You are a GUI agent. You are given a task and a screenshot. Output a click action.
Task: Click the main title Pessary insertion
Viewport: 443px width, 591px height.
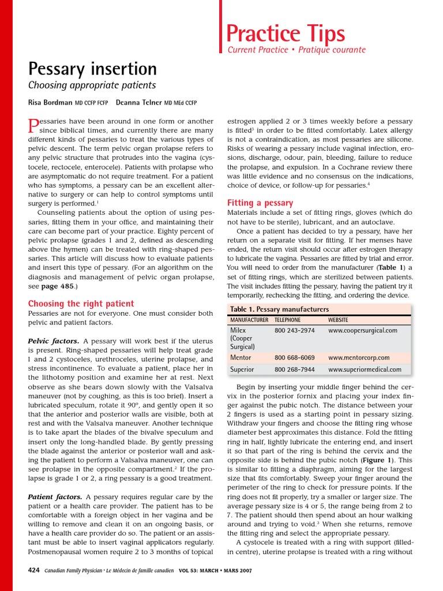[x=92, y=69]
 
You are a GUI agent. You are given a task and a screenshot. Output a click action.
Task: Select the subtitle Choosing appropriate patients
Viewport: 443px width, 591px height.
[x=92, y=85]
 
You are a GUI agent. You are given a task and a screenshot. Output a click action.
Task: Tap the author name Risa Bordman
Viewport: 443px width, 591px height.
[x=50, y=103]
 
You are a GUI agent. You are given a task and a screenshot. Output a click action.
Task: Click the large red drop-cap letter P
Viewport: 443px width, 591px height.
[x=33, y=126]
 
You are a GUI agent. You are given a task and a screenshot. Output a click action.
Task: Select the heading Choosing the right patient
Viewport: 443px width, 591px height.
[x=81, y=304]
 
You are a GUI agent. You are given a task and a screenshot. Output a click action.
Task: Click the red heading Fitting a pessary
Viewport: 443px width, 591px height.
[x=260, y=203]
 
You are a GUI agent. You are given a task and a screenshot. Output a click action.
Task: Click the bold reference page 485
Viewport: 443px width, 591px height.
[x=57, y=286]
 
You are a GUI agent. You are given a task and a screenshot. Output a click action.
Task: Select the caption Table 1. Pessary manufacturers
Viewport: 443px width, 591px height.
[x=279, y=309]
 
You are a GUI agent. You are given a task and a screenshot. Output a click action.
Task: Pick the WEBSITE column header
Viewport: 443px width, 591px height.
[x=338, y=320]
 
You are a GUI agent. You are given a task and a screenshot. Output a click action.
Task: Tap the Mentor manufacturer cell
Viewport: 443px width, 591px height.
[x=241, y=358]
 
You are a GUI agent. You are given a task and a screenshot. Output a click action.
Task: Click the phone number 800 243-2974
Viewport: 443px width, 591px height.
[x=294, y=331]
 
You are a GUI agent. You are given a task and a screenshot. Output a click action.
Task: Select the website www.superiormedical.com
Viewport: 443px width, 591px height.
[x=365, y=369]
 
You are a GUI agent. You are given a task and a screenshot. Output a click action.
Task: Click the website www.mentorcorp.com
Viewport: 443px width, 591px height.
[x=359, y=358]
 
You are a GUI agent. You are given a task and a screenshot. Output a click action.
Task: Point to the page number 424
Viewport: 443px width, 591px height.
[x=34, y=570]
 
